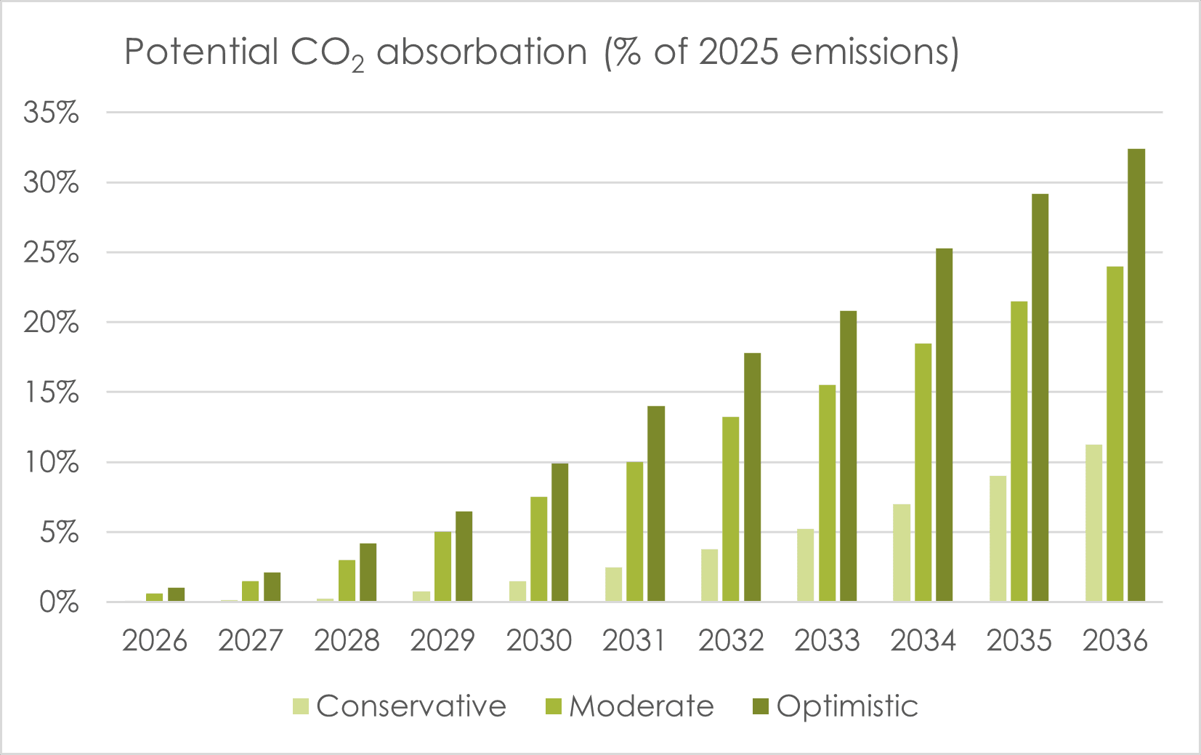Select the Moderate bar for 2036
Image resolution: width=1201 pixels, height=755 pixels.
tap(1115, 434)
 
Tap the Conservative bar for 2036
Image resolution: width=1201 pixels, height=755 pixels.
tap(1093, 523)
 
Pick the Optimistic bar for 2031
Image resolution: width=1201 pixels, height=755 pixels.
tap(656, 504)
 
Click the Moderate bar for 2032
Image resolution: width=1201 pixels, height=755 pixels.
tap(731, 509)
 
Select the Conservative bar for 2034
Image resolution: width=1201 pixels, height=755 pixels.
tap(902, 552)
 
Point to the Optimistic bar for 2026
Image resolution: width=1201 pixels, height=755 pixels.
tap(177, 594)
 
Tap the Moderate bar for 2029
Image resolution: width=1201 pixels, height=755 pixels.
tap(442, 566)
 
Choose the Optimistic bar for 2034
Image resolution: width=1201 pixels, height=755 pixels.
tap(945, 425)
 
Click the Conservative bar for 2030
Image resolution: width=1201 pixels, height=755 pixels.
tap(517, 591)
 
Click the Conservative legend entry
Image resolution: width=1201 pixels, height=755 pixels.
tap(400, 706)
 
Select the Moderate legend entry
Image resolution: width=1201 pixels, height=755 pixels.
tap(630, 706)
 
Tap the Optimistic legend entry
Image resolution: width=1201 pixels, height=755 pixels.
tap(836, 706)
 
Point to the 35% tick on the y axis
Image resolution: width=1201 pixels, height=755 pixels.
tap(51, 113)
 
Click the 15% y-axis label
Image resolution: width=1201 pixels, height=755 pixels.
tap(51, 392)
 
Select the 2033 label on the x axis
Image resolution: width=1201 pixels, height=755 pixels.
tap(827, 640)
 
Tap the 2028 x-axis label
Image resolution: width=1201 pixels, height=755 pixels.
tap(347, 640)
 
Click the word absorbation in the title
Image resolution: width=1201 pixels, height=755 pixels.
tap(482, 52)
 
